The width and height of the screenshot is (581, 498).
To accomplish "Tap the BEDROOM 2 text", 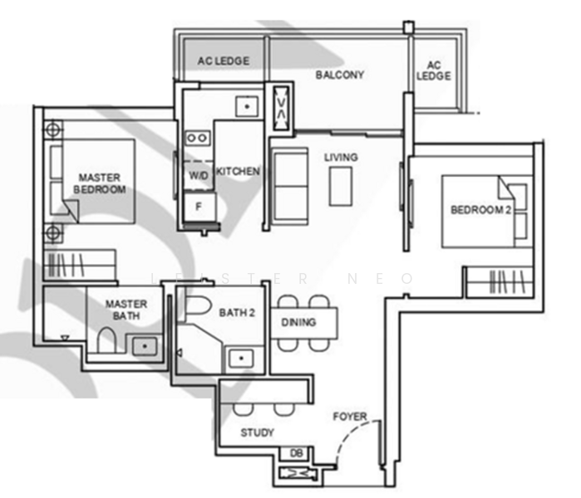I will (x=480, y=210).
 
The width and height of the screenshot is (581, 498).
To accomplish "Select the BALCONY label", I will (x=339, y=75).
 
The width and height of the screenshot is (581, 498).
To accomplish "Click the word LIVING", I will (x=341, y=157).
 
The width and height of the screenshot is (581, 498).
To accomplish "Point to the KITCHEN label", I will (x=239, y=171).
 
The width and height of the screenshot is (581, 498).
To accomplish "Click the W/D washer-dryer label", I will (x=198, y=176).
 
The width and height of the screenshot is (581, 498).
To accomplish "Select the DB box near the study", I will (x=296, y=453).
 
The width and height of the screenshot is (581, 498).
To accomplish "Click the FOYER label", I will (x=350, y=416).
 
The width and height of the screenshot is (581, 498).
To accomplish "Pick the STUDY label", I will (x=257, y=432).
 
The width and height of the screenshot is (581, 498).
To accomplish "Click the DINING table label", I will (x=298, y=322).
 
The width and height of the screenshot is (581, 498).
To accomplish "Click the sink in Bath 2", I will (x=241, y=358).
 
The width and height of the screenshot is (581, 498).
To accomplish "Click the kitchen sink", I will (x=246, y=106).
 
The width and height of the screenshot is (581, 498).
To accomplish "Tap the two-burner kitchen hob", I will (x=197, y=138).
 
